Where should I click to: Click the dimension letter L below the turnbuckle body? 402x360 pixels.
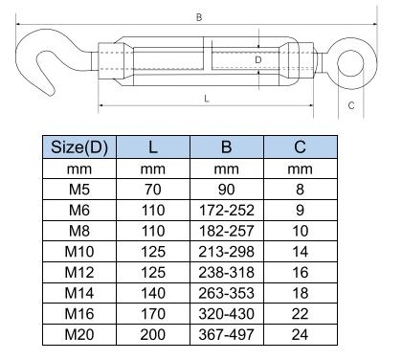click(207, 99)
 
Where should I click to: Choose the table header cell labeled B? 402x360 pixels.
click(225, 147)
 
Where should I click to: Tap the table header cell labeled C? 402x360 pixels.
click(300, 147)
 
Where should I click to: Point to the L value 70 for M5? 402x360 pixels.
click(152, 190)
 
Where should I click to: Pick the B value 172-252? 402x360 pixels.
click(225, 210)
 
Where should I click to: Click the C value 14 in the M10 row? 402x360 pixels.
click(300, 250)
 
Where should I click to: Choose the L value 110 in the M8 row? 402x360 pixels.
click(152, 230)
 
